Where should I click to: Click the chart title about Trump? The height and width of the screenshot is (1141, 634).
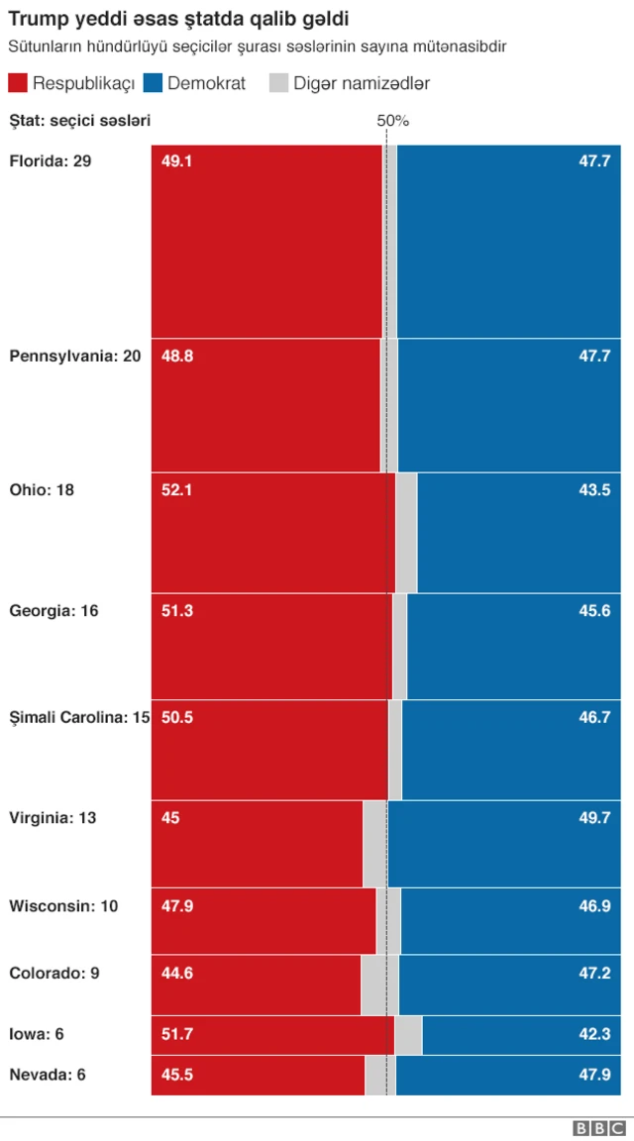pos(178,19)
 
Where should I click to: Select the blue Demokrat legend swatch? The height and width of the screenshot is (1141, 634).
pos(154,84)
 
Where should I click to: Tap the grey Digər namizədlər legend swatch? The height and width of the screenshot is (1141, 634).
pos(278,84)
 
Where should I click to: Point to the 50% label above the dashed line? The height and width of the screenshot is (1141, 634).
pos(393,121)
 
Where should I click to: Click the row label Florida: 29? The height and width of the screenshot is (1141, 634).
pos(51,160)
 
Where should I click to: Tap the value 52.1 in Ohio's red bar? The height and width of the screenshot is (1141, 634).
pos(177,489)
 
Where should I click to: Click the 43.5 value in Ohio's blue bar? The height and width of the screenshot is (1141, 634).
pos(594,489)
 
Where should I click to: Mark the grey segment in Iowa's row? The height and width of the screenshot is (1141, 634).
pos(408,1035)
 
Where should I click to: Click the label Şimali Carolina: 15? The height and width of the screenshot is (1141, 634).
pos(79,717)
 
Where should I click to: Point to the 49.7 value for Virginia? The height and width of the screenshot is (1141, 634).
pos(594,818)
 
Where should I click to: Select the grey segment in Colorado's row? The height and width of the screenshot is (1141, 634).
pos(379,985)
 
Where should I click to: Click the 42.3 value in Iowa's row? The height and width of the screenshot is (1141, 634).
pos(594,1034)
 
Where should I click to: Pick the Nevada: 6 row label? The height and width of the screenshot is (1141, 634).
pos(48,1075)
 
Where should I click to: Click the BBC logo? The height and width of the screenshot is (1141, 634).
pos(598,1128)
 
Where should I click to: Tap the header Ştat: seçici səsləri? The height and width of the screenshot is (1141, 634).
pos(79,121)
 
